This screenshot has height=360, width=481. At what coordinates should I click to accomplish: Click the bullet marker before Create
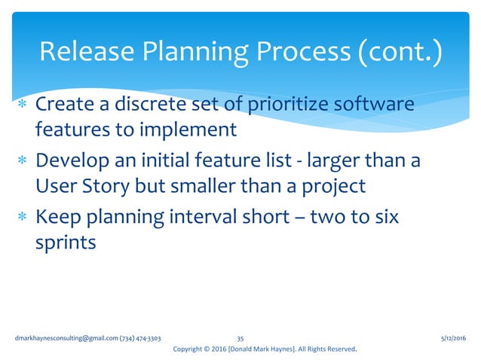(23, 105)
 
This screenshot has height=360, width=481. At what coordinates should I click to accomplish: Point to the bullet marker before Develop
(23, 161)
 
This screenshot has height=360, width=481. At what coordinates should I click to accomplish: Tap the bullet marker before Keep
(23, 218)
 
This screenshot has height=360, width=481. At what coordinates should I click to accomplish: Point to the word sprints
(66, 244)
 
